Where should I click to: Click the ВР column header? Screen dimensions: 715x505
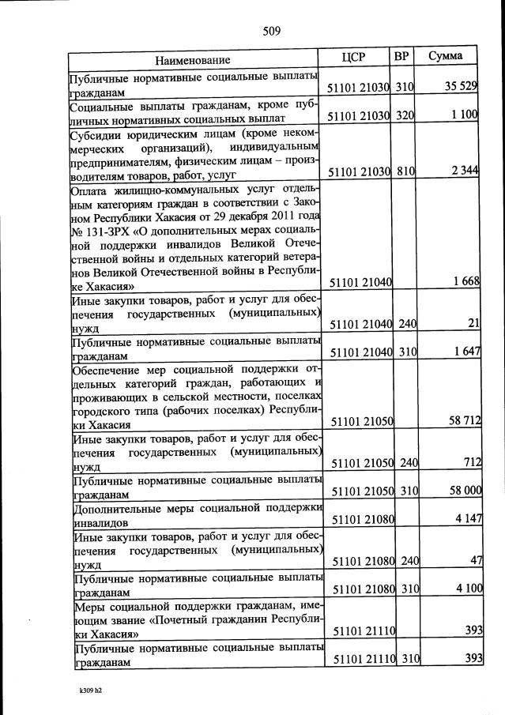point(401,57)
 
